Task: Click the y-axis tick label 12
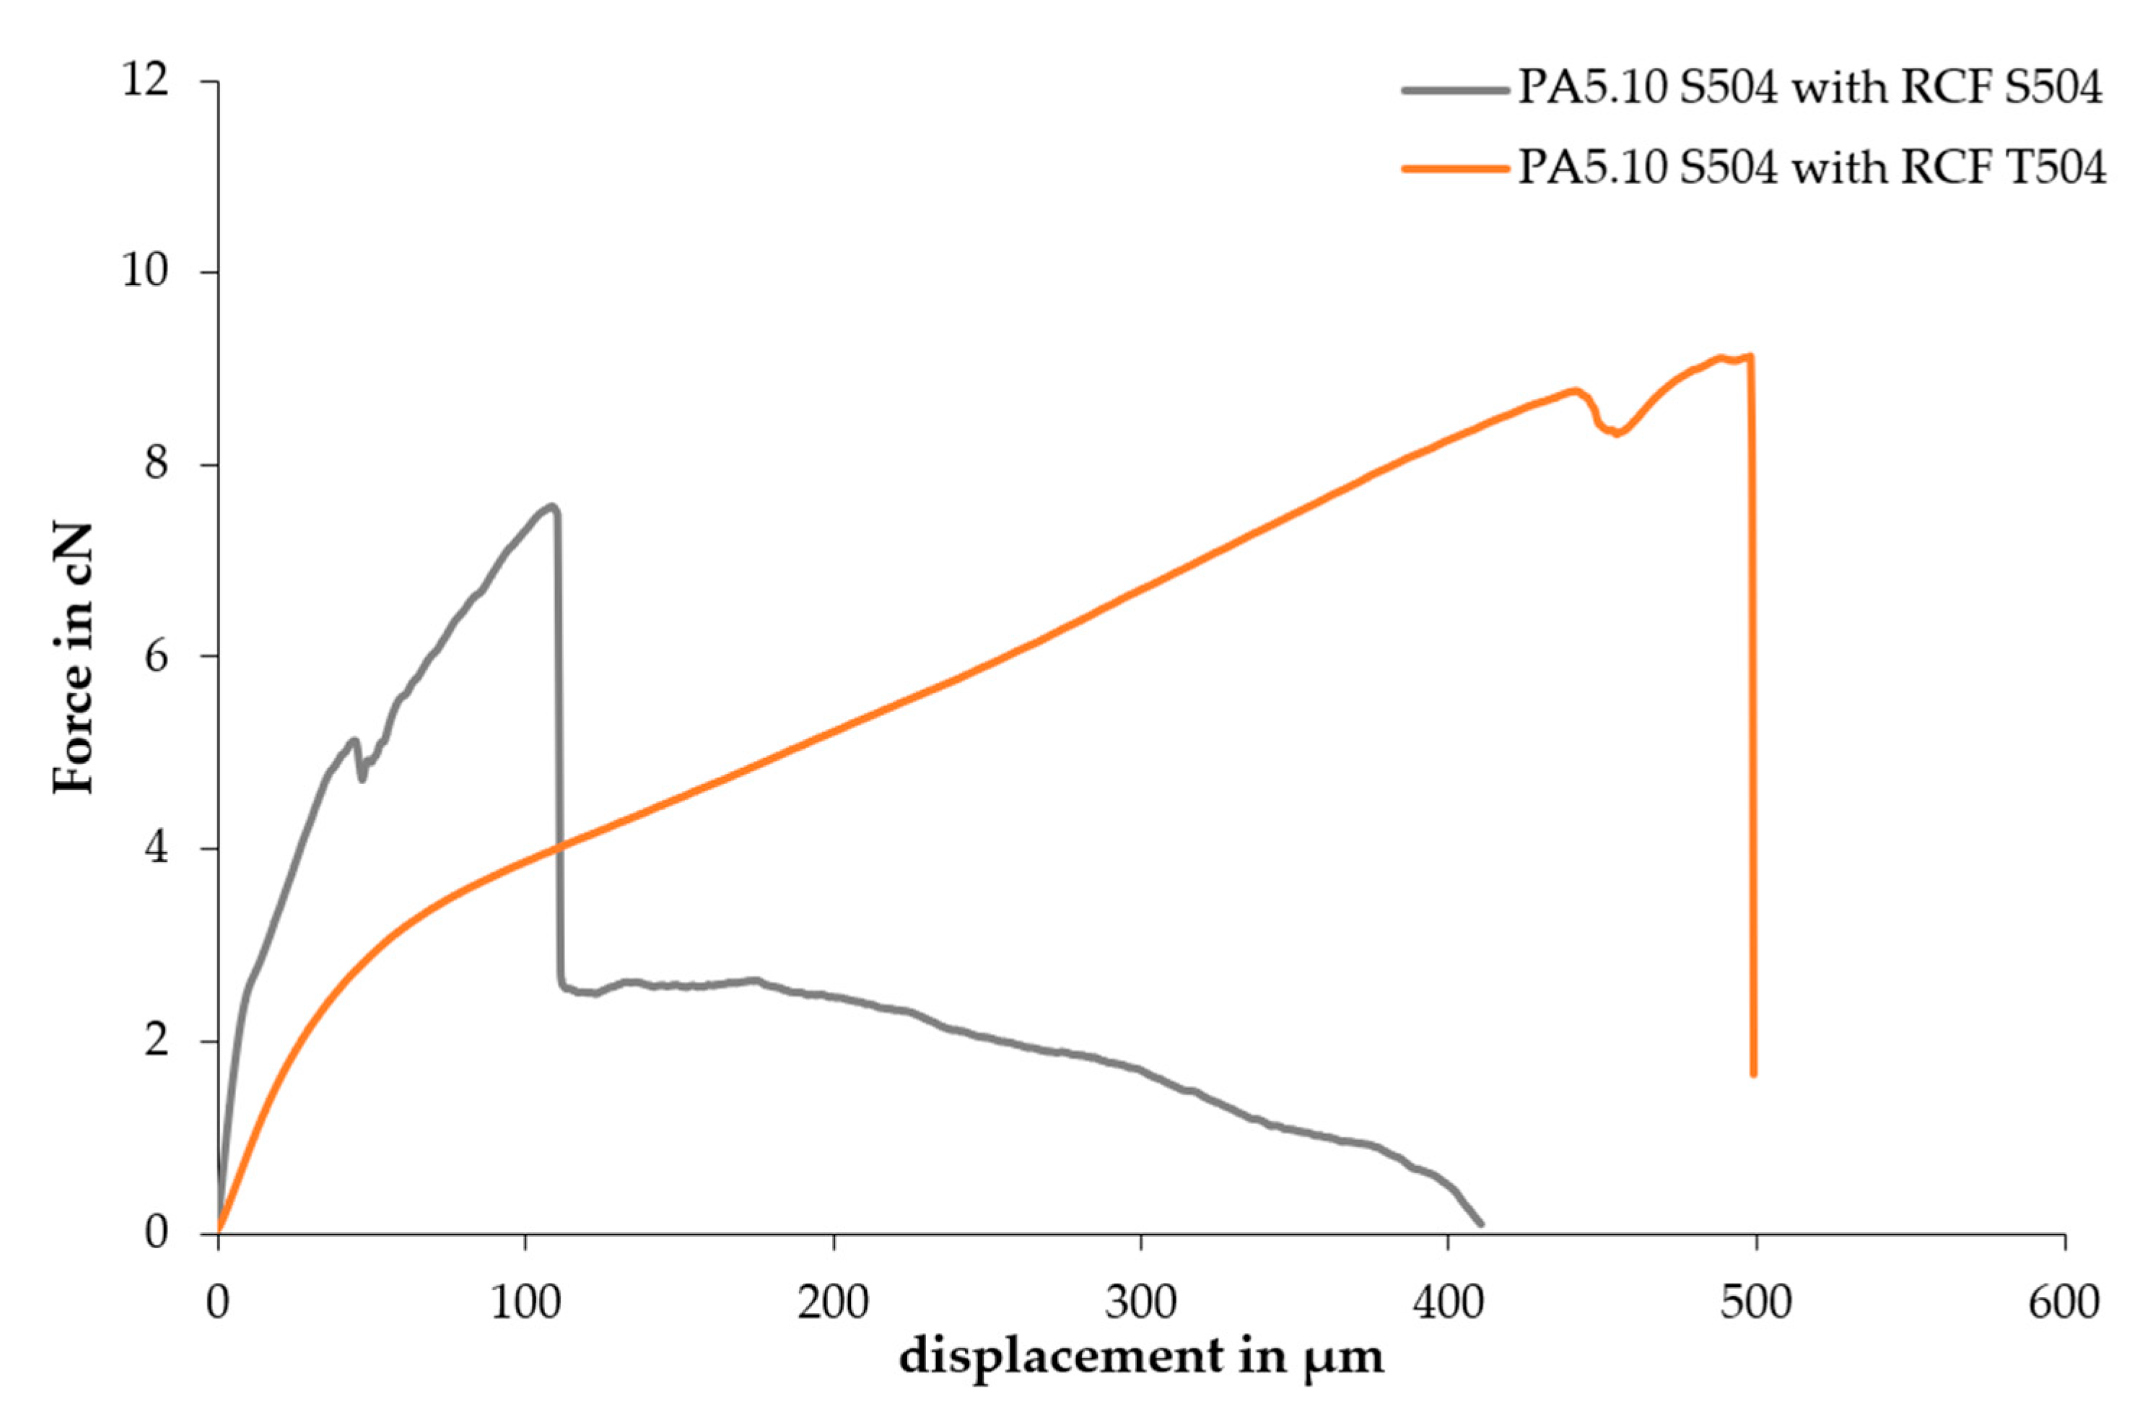tap(145, 81)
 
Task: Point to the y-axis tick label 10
tap(145, 271)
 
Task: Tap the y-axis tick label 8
tap(156, 464)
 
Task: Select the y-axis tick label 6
tap(156, 656)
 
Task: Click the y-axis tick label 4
tap(156, 848)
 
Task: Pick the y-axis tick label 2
tap(156, 1040)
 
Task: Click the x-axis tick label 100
tap(525, 1302)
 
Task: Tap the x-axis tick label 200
tap(834, 1302)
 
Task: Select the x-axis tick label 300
tap(1141, 1302)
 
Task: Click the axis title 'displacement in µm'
tap(1141, 1356)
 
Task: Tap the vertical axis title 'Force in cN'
tap(74, 658)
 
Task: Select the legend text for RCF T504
tap(1812, 168)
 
